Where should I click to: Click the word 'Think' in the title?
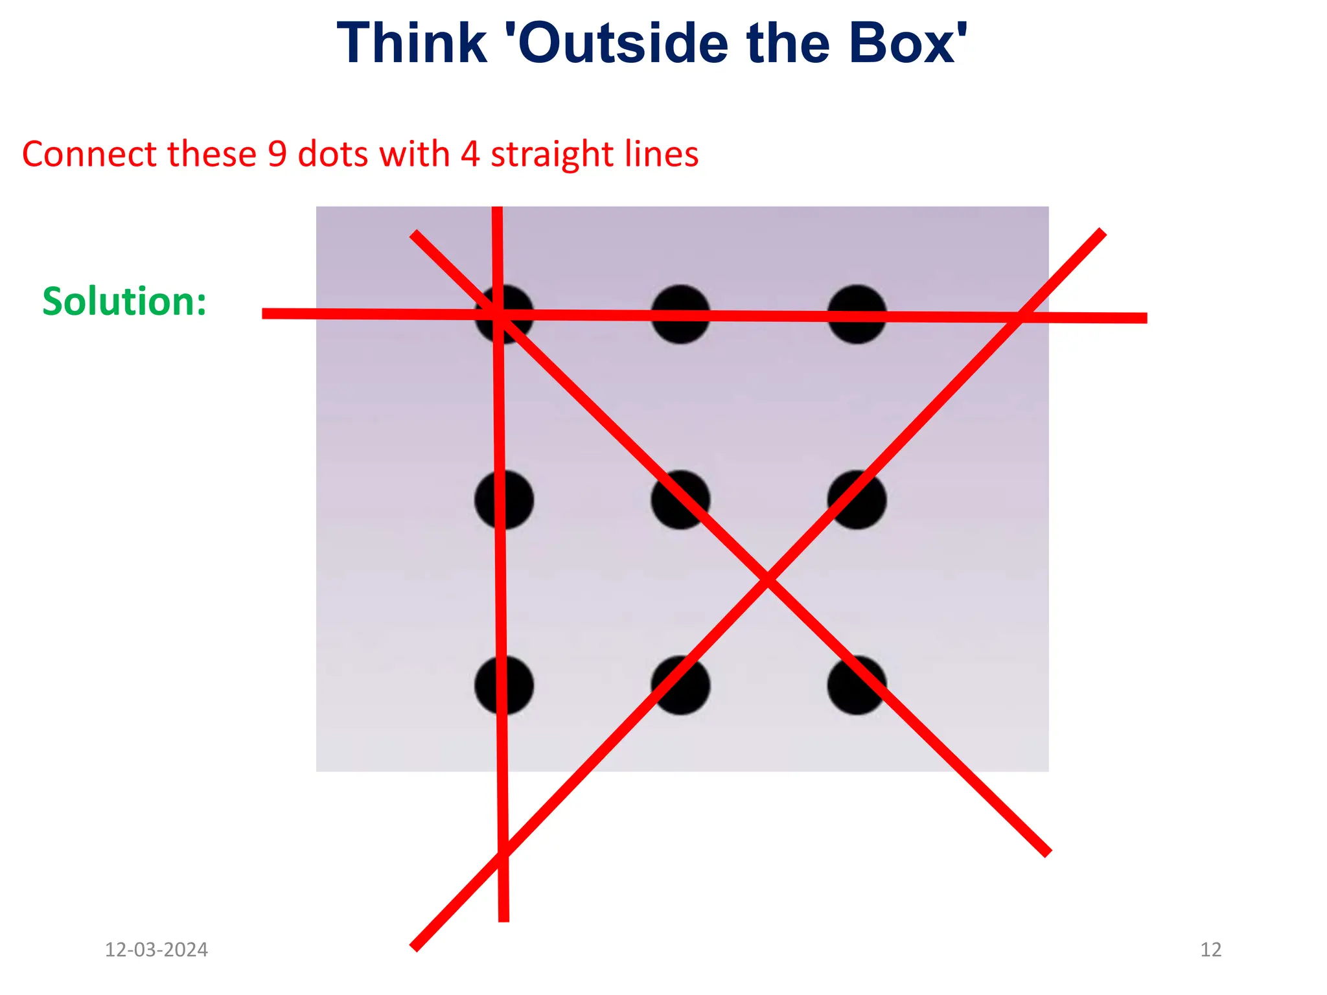(x=412, y=43)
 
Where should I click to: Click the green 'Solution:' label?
(x=124, y=301)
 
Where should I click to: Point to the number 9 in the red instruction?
(x=277, y=154)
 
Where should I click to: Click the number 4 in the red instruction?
(x=470, y=154)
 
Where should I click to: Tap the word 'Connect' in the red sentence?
(x=89, y=154)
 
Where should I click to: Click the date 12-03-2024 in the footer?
(x=156, y=950)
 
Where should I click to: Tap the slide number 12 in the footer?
(x=1210, y=950)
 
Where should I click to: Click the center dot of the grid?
(x=680, y=499)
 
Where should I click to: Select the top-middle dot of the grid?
(x=680, y=314)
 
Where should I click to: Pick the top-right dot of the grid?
(x=857, y=314)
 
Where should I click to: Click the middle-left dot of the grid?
(x=504, y=499)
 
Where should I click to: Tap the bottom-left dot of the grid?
(x=504, y=685)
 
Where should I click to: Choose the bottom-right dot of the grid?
(x=857, y=685)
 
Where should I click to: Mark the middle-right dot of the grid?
(x=857, y=499)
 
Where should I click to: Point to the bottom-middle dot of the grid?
(x=680, y=685)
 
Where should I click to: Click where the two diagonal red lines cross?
(x=768, y=578)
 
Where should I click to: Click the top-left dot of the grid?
(x=504, y=314)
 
